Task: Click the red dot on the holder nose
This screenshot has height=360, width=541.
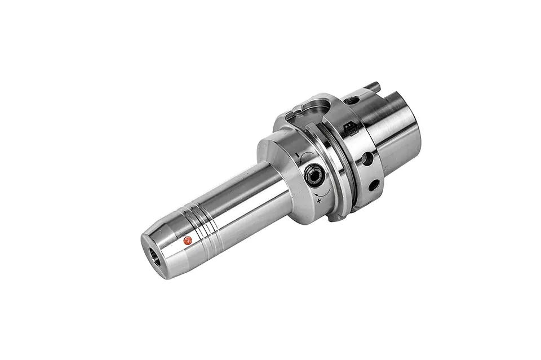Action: point(188,241)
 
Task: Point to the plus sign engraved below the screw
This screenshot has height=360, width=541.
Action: point(320,201)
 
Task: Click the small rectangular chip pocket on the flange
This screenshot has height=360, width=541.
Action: point(349,129)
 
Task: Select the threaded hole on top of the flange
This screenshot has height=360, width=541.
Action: point(353,100)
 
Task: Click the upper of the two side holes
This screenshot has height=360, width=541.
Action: point(367,159)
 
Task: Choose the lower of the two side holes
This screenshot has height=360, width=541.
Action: point(373,184)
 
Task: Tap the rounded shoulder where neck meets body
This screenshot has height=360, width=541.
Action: point(276,163)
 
